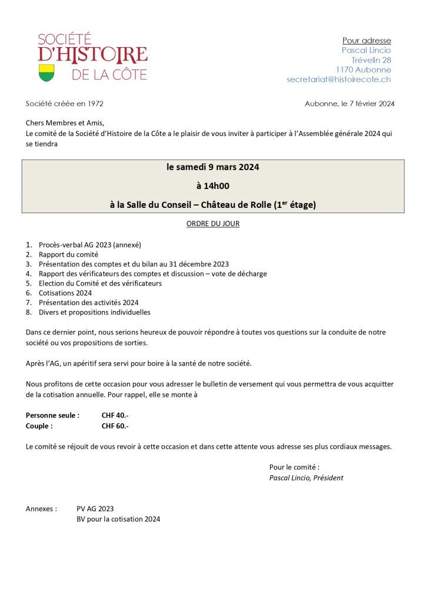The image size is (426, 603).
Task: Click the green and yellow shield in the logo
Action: point(46,73)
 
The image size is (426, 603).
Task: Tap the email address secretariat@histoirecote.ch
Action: point(338,79)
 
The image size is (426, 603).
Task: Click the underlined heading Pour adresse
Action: point(367,41)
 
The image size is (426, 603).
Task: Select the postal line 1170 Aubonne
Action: point(364,69)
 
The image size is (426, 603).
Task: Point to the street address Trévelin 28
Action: point(371,60)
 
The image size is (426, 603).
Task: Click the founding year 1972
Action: point(95,104)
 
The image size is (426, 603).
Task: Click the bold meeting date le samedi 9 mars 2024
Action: point(213,167)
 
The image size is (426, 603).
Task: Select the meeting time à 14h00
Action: point(213,186)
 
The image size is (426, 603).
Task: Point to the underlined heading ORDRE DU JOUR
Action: point(213,224)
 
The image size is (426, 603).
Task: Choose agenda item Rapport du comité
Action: point(68,254)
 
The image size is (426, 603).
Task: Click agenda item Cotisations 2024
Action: point(65,293)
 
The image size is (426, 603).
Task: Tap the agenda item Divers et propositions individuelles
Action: point(95,312)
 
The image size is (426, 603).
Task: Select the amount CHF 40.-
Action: point(115,415)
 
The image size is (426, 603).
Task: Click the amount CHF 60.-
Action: point(115,426)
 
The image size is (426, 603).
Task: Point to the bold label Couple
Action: point(39,426)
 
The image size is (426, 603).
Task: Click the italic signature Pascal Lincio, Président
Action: point(306,478)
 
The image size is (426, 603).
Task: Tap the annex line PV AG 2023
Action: point(95,509)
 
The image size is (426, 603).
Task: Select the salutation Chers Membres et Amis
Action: point(65,123)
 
